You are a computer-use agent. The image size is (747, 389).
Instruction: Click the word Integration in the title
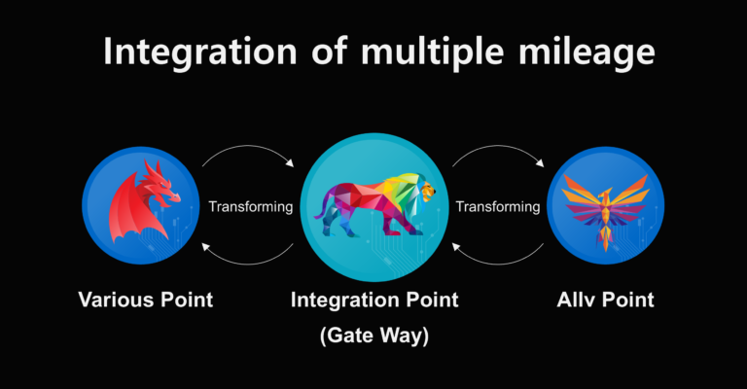(x=200, y=52)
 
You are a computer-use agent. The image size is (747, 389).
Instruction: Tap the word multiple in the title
(x=432, y=52)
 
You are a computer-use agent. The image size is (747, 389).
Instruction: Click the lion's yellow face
(x=427, y=192)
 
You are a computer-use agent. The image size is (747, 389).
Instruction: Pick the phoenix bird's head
(x=606, y=194)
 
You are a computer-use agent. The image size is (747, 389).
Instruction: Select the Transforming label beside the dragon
(x=251, y=206)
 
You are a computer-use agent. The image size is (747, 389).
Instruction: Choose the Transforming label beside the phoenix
(x=498, y=206)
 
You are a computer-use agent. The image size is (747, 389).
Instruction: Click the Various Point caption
(x=146, y=300)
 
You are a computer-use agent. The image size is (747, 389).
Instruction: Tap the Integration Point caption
(x=374, y=300)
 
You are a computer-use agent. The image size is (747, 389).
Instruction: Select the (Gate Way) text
(x=374, y=336)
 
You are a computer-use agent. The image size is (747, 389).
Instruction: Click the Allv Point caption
(x=606, y=300)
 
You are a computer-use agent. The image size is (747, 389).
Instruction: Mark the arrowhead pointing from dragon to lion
(x=290, y=163)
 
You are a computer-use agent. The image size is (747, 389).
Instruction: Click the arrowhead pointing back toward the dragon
(x=205, y=247)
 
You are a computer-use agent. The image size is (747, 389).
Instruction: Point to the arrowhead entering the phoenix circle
(x=540, y=163)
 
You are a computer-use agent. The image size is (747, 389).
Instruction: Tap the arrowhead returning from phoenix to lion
(x=455, y=247)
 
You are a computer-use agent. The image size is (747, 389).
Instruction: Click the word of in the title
(x=329, y=52)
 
